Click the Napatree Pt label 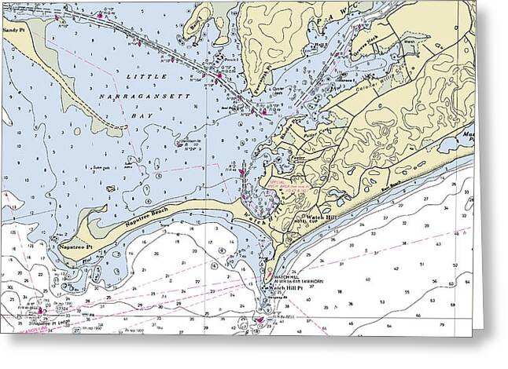74,247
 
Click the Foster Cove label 296,158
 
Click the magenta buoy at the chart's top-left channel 100,15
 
